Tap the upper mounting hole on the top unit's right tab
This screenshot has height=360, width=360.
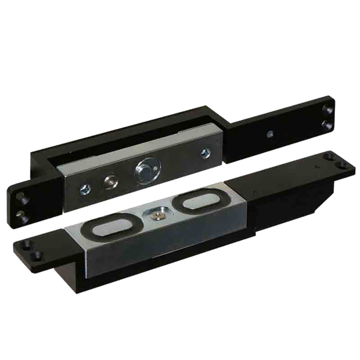tap(327, 109)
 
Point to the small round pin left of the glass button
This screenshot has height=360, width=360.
tap(110, 181)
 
